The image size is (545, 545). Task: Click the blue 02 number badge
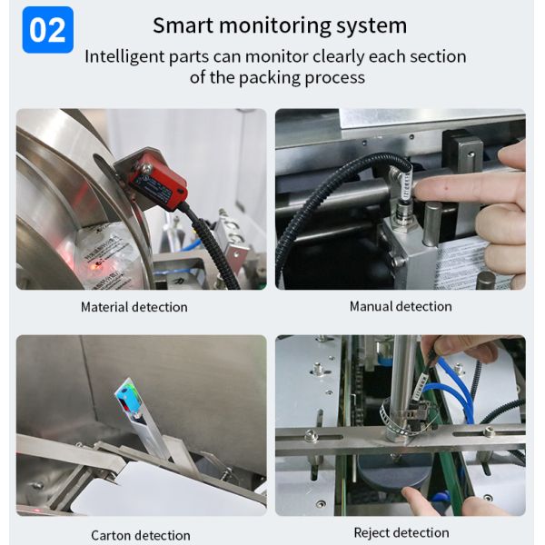[47, 30]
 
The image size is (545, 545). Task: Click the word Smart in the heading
[183, 25]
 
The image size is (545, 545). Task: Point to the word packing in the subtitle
[269, 78]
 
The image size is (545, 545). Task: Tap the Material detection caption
[134, 307]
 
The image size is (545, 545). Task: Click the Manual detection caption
[401, 307]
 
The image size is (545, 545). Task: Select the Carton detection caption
[141, 536]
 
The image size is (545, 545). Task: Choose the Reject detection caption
[401, 533]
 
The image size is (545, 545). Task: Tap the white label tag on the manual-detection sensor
[405, 185]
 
